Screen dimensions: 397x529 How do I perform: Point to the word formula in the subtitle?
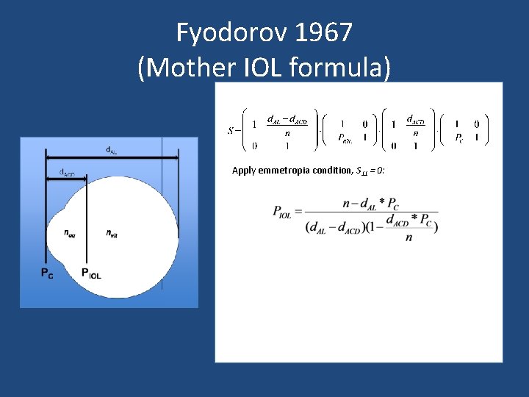coord(341,68)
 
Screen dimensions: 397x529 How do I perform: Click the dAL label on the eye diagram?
coord(112,150)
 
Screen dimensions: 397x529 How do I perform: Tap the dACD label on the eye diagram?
coord(66,174)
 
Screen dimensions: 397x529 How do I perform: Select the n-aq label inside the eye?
coord(71,234)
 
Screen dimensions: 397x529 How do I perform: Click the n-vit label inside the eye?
coord(112,234)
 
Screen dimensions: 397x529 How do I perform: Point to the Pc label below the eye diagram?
coord(46,273)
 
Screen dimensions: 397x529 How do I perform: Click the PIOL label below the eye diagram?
coord(91,273)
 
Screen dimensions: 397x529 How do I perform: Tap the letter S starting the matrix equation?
coord(231,131)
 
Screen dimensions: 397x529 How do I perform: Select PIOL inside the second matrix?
coord(345,137)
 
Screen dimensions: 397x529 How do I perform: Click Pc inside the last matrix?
coord(458,137)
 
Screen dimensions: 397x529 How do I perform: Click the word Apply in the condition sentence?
coord(243,171)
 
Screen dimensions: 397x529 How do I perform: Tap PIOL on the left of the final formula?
coord(282,212)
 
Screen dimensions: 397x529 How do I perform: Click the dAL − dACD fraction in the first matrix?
coord(287,125)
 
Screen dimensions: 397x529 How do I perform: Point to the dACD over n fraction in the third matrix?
coord(416,125)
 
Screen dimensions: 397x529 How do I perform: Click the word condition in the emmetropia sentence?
coord(334,171)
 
